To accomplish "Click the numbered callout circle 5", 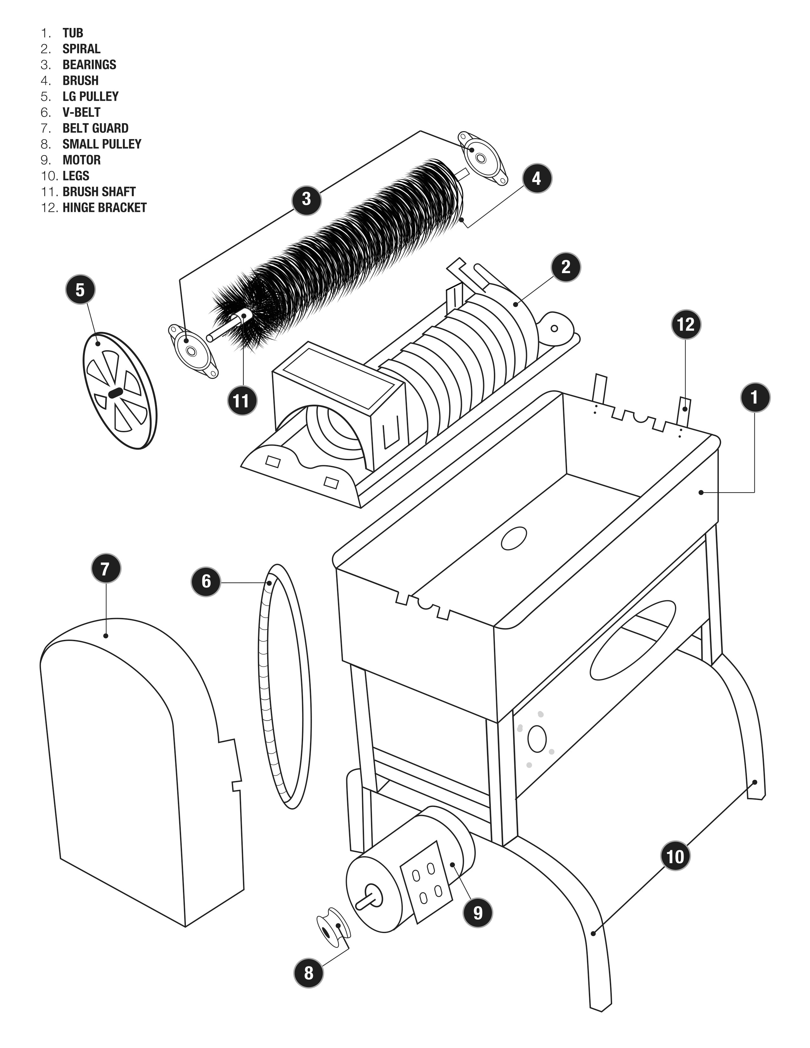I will [80, 290].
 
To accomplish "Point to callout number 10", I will [675, 857].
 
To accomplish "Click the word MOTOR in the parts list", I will [82, 160].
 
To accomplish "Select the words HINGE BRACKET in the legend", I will [104, 207].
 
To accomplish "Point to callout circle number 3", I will [306, 199].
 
